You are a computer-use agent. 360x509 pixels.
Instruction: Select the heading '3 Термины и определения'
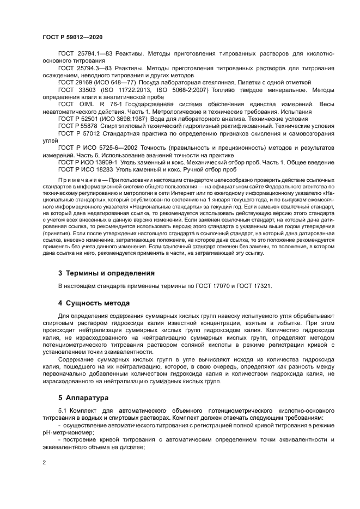pos(106,273)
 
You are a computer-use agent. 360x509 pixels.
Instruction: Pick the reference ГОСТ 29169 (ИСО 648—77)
pos(97,82)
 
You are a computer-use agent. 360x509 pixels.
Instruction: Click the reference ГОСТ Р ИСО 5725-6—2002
pos(96,148)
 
